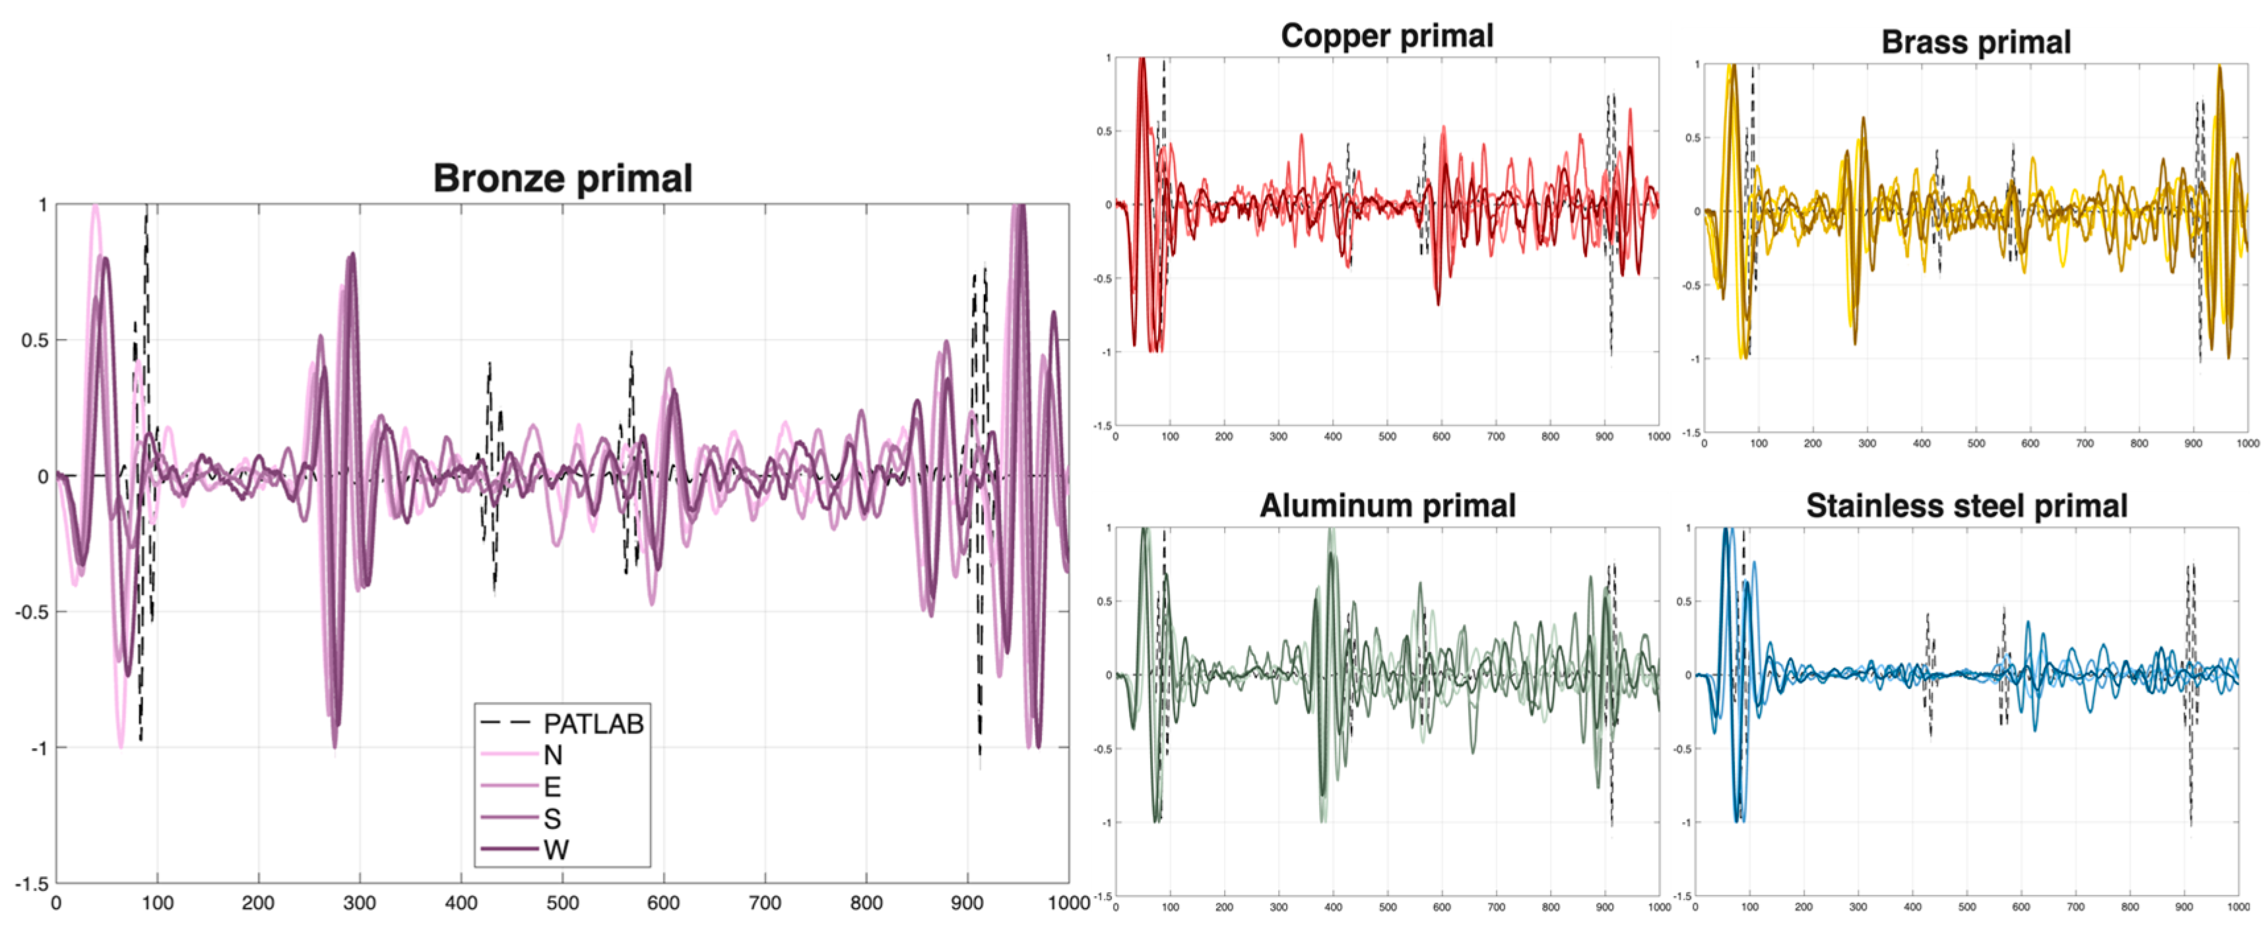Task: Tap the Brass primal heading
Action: tap(1976, 42)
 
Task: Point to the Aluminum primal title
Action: tap(1388, 506)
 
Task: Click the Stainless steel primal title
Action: tap(1967, 506)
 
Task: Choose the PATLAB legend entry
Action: tap(593, 724)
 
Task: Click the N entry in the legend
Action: tap(553, 756)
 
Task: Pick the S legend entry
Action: tap(552, 819)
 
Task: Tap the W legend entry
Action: tap(556, 851)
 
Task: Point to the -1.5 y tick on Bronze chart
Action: tap(31, 884)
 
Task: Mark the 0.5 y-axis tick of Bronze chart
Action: tap(34, 341)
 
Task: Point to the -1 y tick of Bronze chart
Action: tap(39, 748)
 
